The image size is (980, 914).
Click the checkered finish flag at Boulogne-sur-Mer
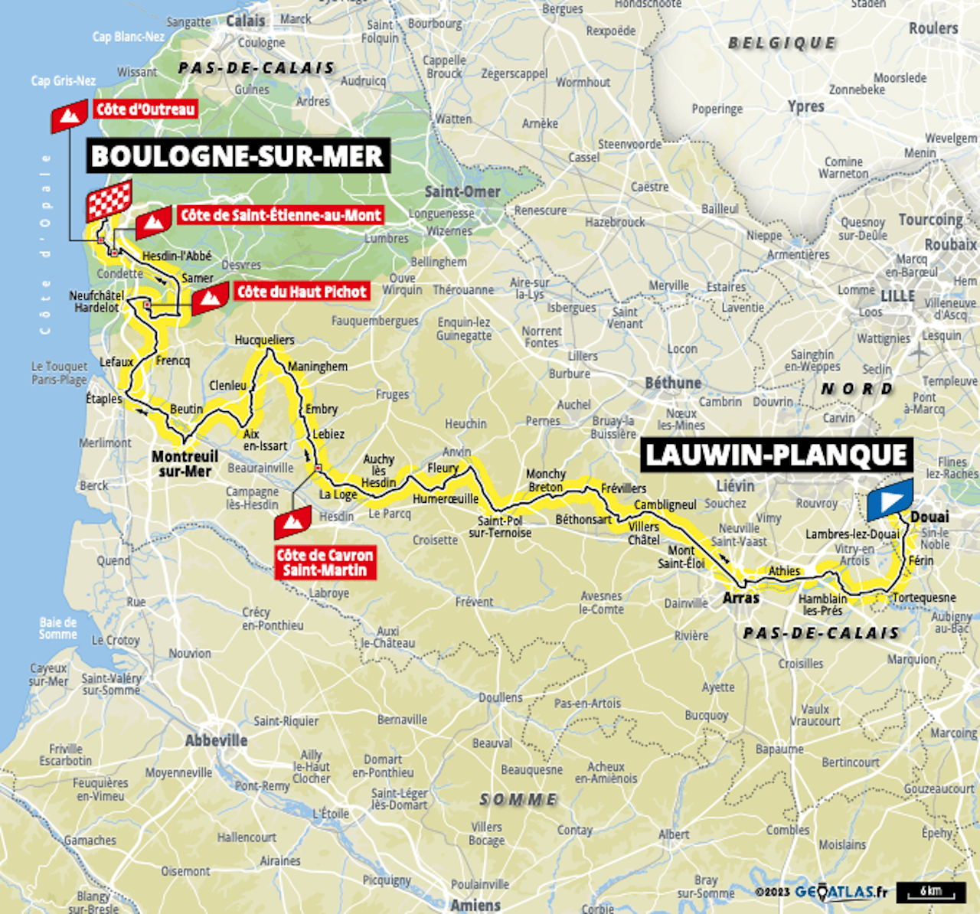(x=109, y=200)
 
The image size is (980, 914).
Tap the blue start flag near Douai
(x=890, y=499)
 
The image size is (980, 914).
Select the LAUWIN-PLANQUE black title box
(x=776, y=455)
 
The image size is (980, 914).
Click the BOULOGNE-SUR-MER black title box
(x=237, y=156)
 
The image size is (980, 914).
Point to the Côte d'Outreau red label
(x=145, y=109)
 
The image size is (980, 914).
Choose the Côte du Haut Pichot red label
(x=302, y=292)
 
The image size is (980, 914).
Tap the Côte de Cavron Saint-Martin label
(x=325, y=563)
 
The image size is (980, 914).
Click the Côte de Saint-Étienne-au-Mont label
(x=280, y=215)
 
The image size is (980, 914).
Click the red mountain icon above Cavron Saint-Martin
(x=292, y=523)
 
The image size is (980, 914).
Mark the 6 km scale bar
(x=930, y=892)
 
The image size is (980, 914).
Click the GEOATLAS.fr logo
(x=841, y=892)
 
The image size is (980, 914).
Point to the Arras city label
(x=740, y=598)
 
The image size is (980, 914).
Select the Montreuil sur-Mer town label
(x=185, y=464)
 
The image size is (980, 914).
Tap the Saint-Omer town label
(x=462, y=191)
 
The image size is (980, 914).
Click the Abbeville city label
(x=216, y=740)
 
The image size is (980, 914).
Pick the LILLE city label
(x=897, y=295)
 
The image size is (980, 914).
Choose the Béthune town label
(x=672, y=383)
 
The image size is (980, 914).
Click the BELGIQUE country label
(x=782, y=43)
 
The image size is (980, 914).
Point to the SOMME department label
(x=518, y=799)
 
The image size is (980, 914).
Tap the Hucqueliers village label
(x=264, y=340)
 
